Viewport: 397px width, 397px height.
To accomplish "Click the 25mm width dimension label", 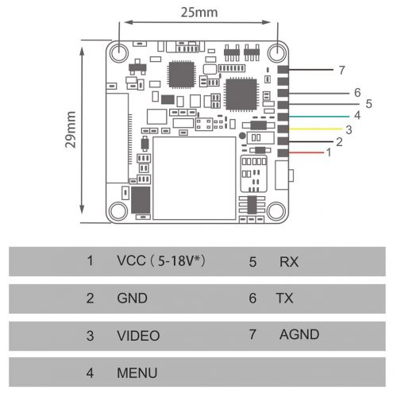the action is pyautogui.click(x=199, y=13).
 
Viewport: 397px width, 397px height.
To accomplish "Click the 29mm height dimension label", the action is pyautogui.click(x=71, y=129).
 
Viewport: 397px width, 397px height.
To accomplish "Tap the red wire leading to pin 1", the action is pyautogui.click(x=306, y=152).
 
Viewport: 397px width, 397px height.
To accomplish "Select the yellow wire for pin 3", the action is pyautogui.click(x=315, y=129).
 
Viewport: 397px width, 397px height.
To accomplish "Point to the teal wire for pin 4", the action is pyautogui.click(x=319, y=117).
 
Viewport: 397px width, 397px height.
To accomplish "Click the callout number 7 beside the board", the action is pyautogui.click(x=342, y=70).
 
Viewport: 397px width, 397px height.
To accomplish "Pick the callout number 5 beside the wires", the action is pyautogui.click(x=368, y=104).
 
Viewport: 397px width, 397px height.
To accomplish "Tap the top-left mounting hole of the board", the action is pyautogui.click(x=119, y=52).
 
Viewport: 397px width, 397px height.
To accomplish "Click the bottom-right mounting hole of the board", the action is pyautogui.click(x=276, y=211).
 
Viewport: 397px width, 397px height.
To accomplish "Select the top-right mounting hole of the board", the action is pyautogui.click(x=277, y=52).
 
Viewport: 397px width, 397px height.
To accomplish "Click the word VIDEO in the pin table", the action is pyautogui.click(x=138, y=336).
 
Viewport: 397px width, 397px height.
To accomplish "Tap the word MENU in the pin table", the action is pyautogui.click(x=137, y=372).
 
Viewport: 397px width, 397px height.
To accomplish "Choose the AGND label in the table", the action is pyautogui.click(x=299, y=334).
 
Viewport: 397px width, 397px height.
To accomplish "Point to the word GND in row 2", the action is pyautogui.click(x=132, y=298).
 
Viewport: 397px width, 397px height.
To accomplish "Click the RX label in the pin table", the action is pyautogui.click(x=289, y=262).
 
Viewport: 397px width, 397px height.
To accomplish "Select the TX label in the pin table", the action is pyautogui.click(x=284, y=298).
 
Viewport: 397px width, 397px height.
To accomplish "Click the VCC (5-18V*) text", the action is pyautogui.click(x=161, y=260).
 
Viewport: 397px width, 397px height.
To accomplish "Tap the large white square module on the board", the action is pyautogui.click(x=195, y=178).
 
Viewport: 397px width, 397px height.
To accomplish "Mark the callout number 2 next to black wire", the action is pyautogui.click(x=339, y=142).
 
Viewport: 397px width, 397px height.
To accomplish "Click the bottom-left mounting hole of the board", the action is pyautogui.click(x=118, y=211).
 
